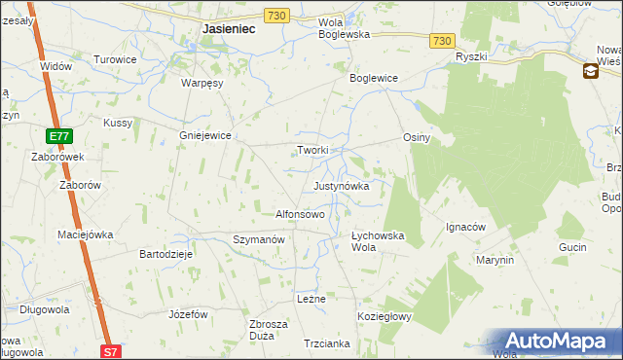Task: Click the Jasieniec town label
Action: tap(229, 29)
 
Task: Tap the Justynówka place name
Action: tap(341, 185)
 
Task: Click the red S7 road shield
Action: tap(111, 351)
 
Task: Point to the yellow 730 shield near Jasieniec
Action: tap(276, 16)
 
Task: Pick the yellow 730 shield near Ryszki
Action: tap(443, 40)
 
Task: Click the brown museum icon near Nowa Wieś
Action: tap(591, 71)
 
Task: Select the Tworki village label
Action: tap(312, 150)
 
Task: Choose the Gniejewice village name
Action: tap(204, 136)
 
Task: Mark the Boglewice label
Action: tap(375, 77)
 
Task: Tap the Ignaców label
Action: tap(465, 228)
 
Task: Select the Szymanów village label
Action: tap(258, 238)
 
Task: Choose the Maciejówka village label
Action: tap(86, 234)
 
